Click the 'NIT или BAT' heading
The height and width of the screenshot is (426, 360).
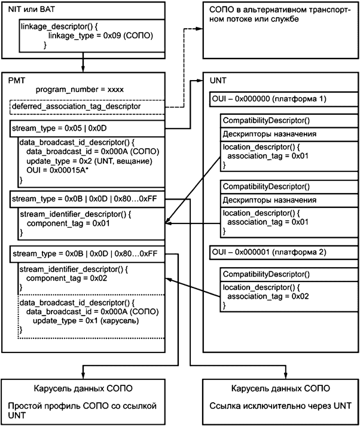(25, 10)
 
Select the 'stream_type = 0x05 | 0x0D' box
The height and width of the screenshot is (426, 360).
(87, 128)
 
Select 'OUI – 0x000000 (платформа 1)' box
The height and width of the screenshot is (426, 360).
(269, 98)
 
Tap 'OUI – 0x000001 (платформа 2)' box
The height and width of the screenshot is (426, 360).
(269, 252)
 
